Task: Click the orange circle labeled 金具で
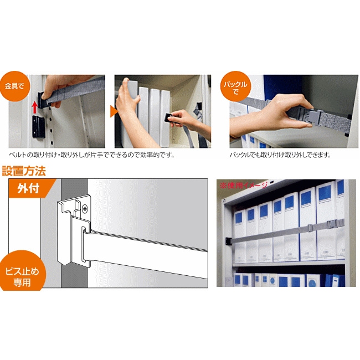coord(14,86)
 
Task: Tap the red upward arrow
coord(34,107)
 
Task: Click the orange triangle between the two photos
coord(114,111)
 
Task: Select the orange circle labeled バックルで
coord(235,86)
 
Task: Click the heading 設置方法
coord(24,171)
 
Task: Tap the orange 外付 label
coord(29,188)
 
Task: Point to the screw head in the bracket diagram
coord(85,209)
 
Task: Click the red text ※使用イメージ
coord(244,185)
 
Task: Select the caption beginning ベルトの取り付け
coord(91,155)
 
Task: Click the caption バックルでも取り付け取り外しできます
coord(280,155)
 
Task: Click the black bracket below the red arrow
coord(38,126)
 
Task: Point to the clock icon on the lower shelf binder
coord(272,281)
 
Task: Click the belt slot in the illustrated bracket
coord(84,244)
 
